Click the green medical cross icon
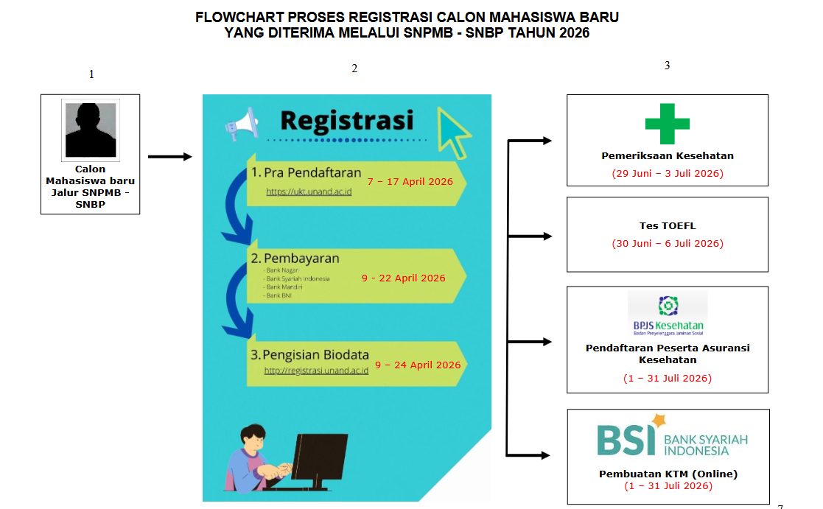coord(667,124)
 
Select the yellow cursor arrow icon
coord(453,133)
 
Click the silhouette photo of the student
coord(90,130)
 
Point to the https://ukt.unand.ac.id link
coord(309,192)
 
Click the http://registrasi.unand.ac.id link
coord(316,371)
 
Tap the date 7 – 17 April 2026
coord(410,181)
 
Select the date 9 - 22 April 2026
coord(403,278)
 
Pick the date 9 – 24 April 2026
coord(417,365)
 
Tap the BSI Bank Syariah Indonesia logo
coord(671,437)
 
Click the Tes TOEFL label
coord(667,226)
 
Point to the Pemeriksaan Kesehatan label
coord(667,156)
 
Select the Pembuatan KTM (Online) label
coord(668,474)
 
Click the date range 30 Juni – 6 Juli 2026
coord(667,243)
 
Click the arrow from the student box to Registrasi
coord(169,156)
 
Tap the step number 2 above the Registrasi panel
coord(354,69)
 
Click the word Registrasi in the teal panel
coord(346,120)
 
